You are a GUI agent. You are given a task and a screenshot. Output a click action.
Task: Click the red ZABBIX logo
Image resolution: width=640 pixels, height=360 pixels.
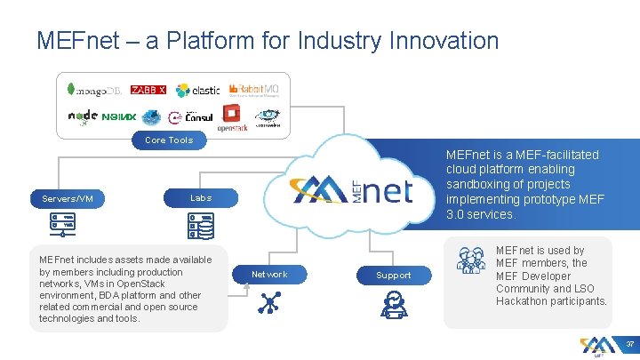(148, 90)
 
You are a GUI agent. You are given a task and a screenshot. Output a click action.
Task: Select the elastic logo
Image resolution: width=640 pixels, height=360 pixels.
(197, 90)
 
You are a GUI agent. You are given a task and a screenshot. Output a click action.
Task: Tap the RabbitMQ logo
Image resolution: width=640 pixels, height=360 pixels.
(254, 89)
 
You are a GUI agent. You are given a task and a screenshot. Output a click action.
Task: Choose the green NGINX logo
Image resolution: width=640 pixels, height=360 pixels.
(118, 116)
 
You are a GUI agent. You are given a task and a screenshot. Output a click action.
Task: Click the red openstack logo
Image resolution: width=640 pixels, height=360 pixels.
(231, 116)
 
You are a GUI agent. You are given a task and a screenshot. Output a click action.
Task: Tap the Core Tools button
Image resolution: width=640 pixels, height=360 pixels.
(169, 140)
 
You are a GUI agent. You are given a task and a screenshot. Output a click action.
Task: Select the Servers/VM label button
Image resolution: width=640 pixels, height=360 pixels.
(68, 198)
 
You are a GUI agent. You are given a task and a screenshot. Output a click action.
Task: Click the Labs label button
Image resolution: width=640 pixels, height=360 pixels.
(201, 197)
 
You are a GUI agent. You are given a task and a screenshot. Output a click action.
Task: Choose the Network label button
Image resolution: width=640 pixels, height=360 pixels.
(269, 275)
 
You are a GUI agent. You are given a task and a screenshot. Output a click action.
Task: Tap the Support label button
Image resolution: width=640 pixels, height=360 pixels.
(394, 275)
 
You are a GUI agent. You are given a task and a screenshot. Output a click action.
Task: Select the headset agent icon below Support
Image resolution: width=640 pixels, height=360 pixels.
(394, 305)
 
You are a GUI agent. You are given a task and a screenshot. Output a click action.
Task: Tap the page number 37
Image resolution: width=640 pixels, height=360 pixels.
(628, 343)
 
